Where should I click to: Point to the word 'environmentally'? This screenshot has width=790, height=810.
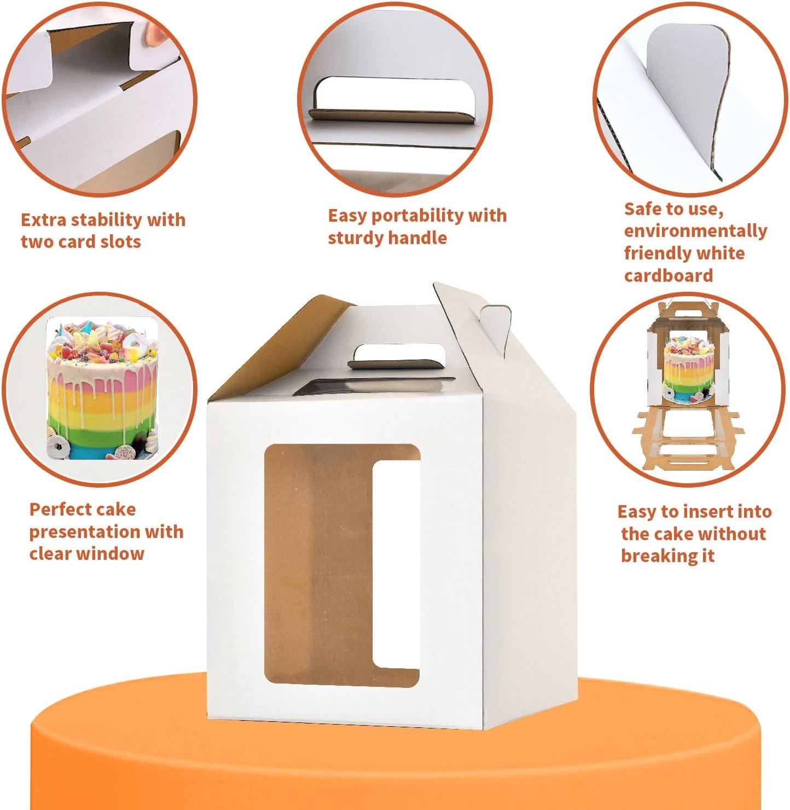pos(695,232)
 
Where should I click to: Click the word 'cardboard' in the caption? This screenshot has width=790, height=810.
pos(668,275)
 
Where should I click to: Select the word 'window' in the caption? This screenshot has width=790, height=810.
pos(114,554)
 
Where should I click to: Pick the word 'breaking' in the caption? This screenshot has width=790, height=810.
pos(652,556)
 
